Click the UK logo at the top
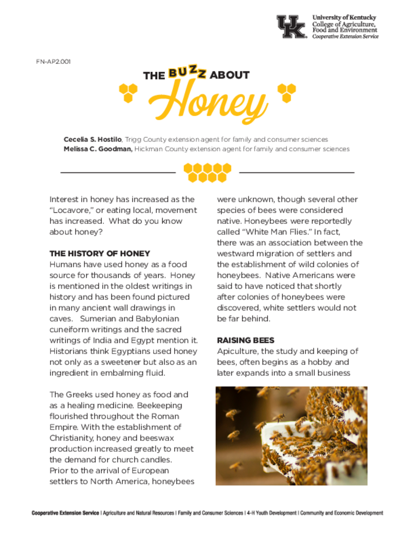click(x=291, y=26)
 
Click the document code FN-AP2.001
click(x=54, y=61)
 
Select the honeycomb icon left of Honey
click(x=127, y=93)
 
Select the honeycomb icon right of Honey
click(x=286, y=93)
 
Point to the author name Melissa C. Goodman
click(x=98, y=149)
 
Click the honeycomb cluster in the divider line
click(x=207, y=172)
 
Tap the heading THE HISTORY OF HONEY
click(x=100, y=254)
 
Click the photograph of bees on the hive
click(x=291, y=435)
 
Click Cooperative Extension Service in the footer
click(x=65, y=513)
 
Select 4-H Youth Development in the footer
click(x=271, y=513)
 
